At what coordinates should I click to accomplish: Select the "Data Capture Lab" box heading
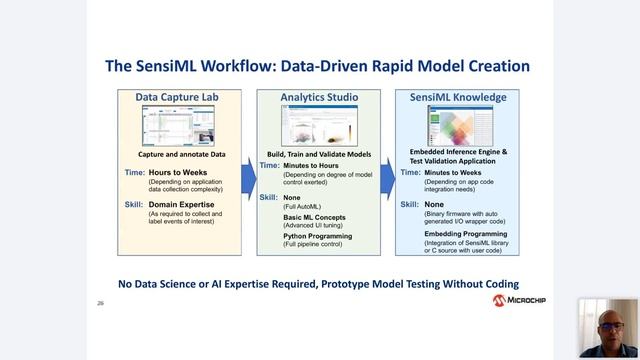175,97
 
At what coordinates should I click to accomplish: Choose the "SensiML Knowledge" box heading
459,97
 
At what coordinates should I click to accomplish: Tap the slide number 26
100,300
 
